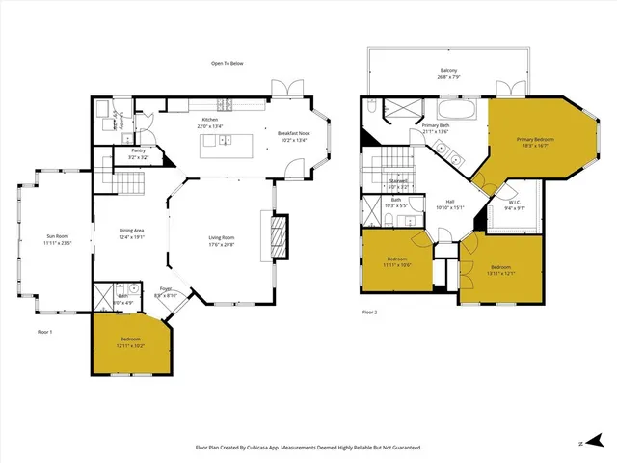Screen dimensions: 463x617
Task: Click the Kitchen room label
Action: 209,120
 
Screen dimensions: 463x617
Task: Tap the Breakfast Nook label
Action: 292,133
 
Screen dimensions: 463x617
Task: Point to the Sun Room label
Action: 58,236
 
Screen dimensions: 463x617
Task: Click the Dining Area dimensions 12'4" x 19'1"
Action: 131,236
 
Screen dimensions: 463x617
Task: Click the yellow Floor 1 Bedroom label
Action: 131,340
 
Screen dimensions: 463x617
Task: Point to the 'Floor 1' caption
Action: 44,331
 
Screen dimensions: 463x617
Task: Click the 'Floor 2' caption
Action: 370,313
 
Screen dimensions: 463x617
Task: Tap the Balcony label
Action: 448,70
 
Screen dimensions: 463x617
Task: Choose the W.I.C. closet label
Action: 515,203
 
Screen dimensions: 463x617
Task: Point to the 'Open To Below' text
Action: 228,64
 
